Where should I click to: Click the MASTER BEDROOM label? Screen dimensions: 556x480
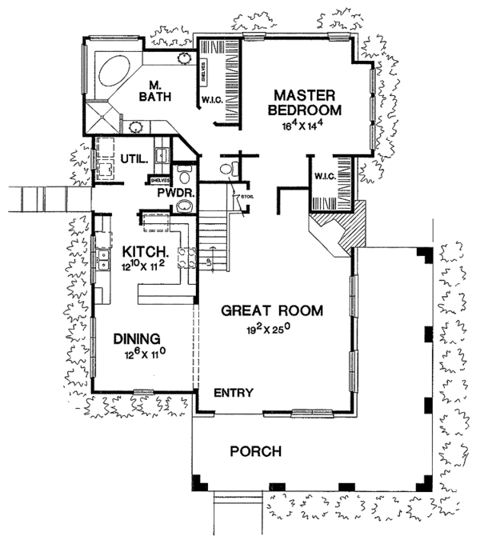click(x=306, y=102)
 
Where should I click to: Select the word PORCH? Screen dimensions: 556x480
click(x=255, y=452)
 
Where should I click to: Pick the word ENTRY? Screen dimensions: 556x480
click(x=234, y=393)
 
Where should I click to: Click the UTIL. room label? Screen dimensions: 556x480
click(x=131, y=158)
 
